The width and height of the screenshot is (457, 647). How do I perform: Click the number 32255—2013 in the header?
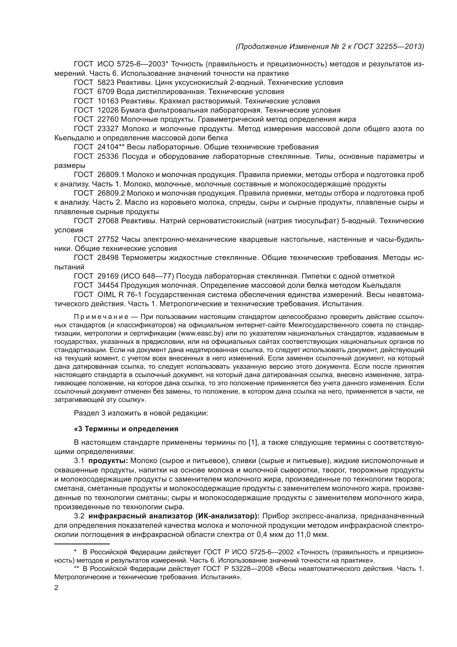pos(400,46)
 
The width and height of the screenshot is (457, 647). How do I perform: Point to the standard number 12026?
pos(108,110)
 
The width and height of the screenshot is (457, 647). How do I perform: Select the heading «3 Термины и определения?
pos(126,429)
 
